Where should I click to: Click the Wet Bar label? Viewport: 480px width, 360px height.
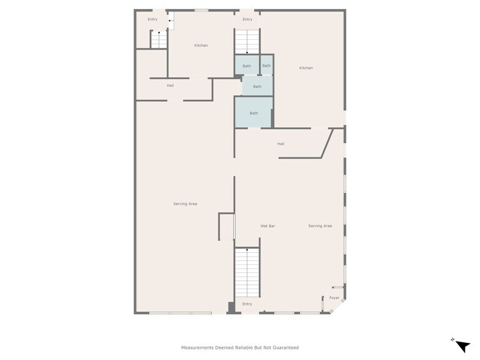click(268, 226)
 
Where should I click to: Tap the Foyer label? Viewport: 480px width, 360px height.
click(334, 298)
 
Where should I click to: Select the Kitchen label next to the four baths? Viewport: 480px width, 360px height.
click(306, 68)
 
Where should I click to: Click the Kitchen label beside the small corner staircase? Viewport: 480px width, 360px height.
click(201, 45)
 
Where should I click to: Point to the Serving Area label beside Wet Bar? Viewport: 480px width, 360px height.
click(320, 226)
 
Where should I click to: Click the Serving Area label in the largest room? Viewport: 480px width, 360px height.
click(185, 204)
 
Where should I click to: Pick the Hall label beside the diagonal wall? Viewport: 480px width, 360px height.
click(280, 144)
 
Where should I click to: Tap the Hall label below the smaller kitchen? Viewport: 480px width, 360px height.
click(170, 86)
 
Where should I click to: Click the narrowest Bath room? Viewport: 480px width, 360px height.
click(266, 65)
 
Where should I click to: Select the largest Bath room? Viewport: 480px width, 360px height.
click(253, 112)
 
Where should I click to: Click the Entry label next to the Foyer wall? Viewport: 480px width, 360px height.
click(247, 304)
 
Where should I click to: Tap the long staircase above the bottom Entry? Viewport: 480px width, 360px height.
click(247, 272)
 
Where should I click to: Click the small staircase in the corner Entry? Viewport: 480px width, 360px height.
click(159, 39)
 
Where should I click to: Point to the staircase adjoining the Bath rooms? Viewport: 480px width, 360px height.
click(247, 42)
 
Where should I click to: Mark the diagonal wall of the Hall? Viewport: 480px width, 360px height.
click(327, 143)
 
